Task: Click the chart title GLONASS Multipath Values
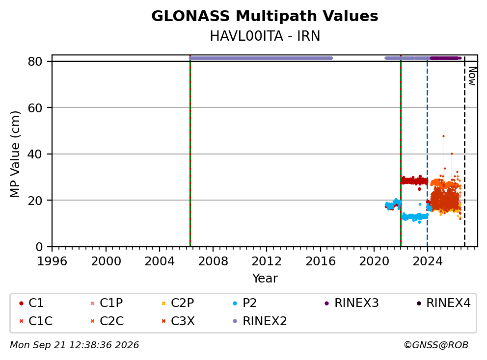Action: pos(265,16)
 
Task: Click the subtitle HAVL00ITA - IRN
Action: pos(265,36)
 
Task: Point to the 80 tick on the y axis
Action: pos(35,61)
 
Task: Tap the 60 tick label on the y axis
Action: pos(35,108)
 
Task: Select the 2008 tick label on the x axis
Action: pos(213,261)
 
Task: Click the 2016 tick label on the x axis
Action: pos(320,261)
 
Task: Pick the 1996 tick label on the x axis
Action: pos(52,261)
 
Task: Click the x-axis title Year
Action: pos(265,279)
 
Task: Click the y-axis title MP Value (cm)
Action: pos(15,154)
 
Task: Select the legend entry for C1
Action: pos(31,303)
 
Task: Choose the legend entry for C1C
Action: pos(36,321)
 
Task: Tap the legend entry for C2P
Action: pos(178,303)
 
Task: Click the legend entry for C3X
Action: pos(178,321)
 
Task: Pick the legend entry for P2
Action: pos(245,303)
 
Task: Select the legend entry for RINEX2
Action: pos(260,321)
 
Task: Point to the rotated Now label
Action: pos(472,76)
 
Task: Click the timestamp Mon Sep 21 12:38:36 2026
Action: pos(75,345)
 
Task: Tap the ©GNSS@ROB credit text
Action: pos(436,345)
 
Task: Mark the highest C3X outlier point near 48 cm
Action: pos(443,136)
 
